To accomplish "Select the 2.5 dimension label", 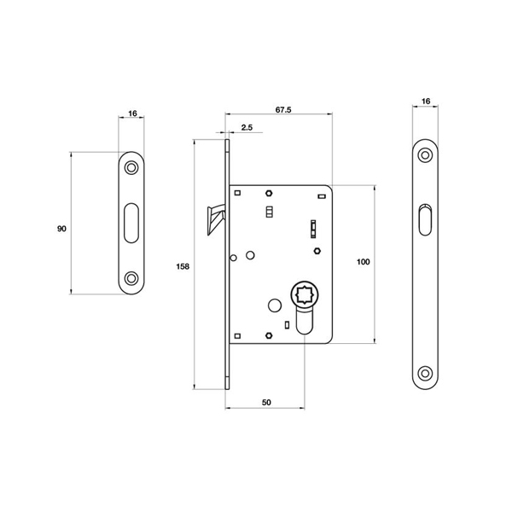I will point(246,127).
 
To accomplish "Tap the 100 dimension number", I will point(363,262).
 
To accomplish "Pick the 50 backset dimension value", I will point(267,400).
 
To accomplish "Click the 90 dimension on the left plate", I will point(61,230).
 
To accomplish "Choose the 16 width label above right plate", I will point(426,102).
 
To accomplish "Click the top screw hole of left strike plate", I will point(131,167).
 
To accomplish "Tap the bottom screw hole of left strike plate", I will point(131,278).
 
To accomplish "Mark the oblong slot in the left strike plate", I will point(131,222).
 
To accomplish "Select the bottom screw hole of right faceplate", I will point(425,372).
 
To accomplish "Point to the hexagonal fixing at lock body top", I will point(269,192).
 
